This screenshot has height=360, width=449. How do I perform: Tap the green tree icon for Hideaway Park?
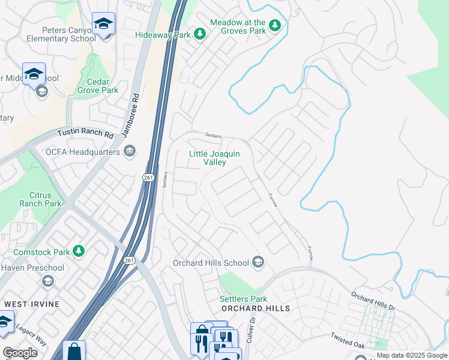pos(200,35)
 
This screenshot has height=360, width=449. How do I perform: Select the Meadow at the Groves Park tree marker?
pos(275,25)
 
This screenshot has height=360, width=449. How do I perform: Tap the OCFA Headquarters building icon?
pos(129,151)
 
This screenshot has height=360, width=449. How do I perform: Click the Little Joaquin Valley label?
pos(214,158)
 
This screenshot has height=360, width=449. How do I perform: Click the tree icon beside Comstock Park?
pos(78,250)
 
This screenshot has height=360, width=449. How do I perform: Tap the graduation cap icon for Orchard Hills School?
pos(258,262)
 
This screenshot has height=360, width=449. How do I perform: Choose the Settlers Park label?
pos(243,298)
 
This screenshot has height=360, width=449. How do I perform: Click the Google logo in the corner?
pos(20,353)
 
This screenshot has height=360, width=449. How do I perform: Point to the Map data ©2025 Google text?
pos(411,355)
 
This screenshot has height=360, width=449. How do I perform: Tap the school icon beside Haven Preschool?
pos(47,281)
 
